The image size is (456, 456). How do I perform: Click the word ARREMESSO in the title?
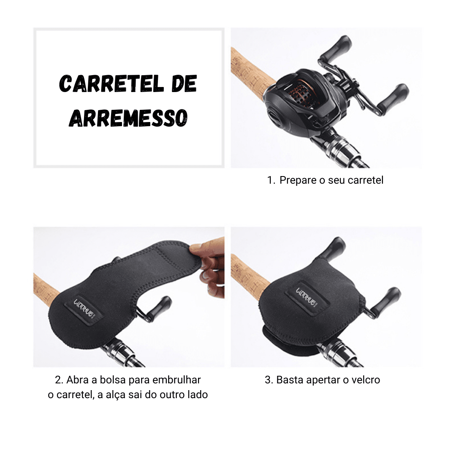pyautogui.click(x=128, y=118)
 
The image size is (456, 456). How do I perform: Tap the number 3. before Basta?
pyautogui.click(x=269, y=380)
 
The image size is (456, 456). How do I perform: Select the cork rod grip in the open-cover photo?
pyautogui.click(x=46, y=291)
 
